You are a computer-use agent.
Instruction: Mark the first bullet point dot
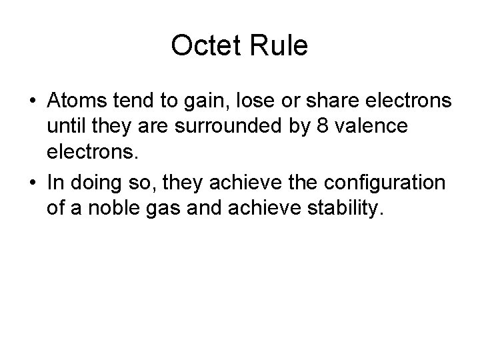33,101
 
